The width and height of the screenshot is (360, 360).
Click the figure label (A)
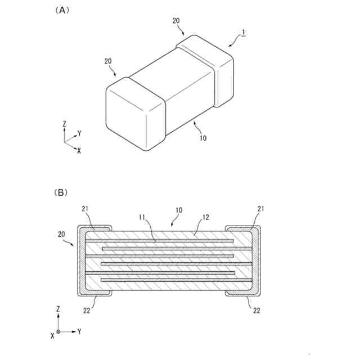(x=61, y=10)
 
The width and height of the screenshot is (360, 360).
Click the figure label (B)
(x=61, y=192)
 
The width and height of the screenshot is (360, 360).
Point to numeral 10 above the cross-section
(x=178, y=210)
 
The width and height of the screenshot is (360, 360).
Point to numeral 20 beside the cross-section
(x=61, y=233)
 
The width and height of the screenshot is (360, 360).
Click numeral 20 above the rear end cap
(x=176, y=20)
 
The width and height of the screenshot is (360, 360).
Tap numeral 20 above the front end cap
(x=108, y=61)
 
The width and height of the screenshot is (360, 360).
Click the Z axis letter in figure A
(x=65, y=124)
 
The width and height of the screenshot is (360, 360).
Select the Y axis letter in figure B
(x=79, y=332)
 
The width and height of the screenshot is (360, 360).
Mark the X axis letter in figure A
(x=79, y=150)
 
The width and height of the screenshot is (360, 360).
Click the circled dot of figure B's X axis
(x=58, y=332)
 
